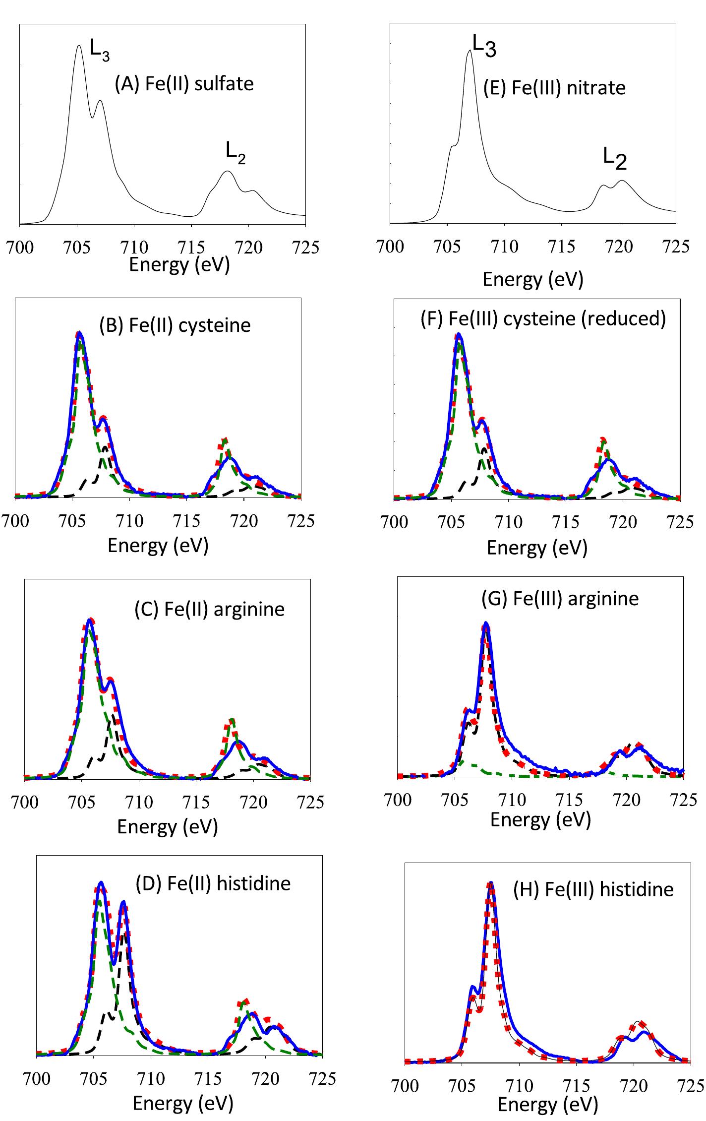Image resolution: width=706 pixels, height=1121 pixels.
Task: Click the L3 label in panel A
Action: pos(100,50)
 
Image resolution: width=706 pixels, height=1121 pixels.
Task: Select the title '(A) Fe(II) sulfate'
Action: pos(184,83)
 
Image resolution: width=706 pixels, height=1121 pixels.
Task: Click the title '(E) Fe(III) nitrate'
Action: pos(554,88)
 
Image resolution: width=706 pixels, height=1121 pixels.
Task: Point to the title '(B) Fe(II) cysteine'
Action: pos(175,325)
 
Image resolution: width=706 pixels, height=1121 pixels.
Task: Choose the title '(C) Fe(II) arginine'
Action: pos(210,609)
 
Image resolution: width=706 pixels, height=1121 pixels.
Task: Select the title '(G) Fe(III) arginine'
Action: pos(560,598)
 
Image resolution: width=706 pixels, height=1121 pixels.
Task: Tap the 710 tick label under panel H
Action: pos(519,1086)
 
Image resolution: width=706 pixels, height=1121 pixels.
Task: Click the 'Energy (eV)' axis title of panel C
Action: pos(168,826)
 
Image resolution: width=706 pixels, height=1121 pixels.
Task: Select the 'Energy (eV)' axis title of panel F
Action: pos(537,548)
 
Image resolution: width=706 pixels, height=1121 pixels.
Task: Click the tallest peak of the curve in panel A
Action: pos(79,46)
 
